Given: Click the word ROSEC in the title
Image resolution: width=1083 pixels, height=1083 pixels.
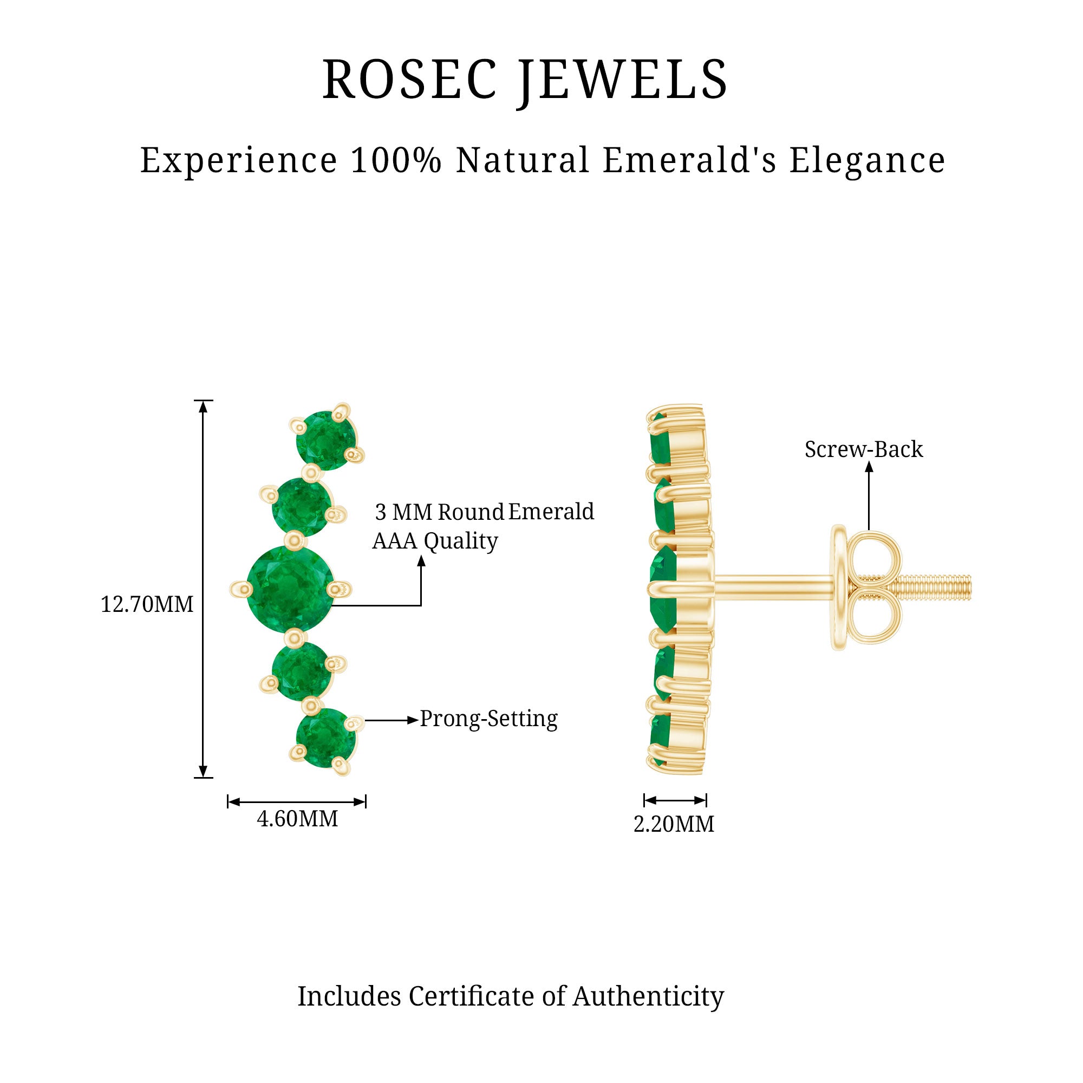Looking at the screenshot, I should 410,80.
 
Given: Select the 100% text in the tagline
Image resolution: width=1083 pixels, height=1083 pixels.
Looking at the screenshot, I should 396,160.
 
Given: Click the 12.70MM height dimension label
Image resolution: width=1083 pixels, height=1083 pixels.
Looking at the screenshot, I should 147,605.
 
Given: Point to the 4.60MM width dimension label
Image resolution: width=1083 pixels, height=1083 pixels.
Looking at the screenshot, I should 297,819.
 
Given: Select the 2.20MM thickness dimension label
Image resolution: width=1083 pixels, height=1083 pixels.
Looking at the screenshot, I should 674,825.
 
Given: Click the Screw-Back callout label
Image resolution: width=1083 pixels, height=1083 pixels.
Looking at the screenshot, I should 863,449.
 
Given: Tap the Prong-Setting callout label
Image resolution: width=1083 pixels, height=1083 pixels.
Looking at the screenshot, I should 489,719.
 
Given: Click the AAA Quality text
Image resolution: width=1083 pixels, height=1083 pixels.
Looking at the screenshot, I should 435,541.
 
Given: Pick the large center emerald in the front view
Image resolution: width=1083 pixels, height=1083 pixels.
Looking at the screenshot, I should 290,590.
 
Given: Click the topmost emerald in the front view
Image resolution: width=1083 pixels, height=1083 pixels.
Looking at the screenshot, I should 325,440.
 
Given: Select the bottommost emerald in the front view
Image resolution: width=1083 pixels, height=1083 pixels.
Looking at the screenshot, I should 325,737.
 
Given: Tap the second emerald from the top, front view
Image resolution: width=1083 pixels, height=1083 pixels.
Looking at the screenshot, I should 301,507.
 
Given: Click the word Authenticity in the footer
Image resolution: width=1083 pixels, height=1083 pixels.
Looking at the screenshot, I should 648,997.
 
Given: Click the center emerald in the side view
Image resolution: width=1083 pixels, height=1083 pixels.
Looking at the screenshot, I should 662,589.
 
